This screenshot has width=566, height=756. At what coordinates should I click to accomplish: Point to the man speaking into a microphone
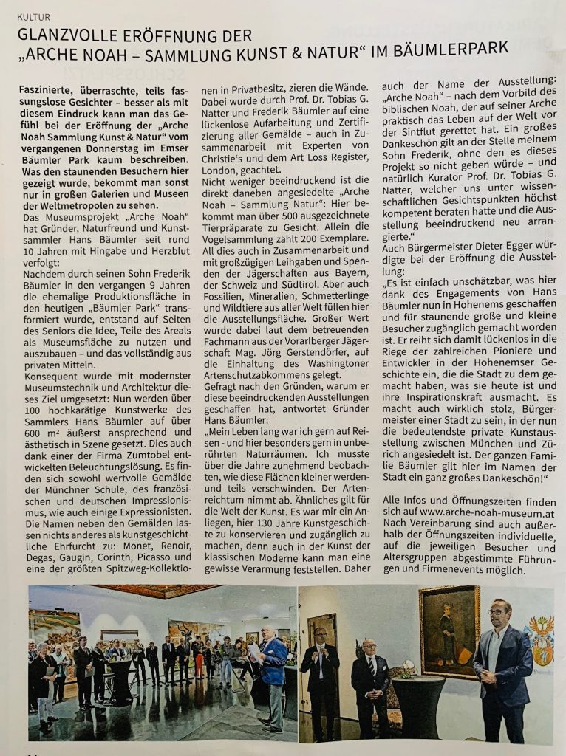click(319, 671)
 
